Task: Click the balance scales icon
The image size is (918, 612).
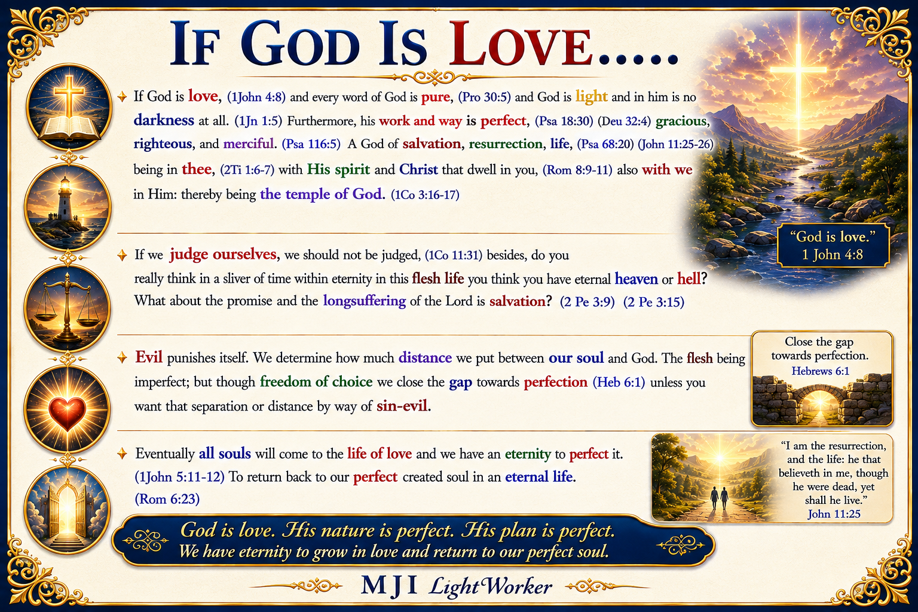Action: [x=67, y=308]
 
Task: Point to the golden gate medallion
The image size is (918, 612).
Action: [x=67, y=510]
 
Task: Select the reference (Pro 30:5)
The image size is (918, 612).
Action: [x=484, y=97]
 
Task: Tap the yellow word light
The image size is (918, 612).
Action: [x=591, y=96]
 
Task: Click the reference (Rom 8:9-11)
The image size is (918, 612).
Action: [x=577, y=170]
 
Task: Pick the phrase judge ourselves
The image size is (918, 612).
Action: [x=223, y=255]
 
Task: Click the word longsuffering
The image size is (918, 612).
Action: [x=365, y=301]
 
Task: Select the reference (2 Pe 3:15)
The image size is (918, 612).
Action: [x=654, y=302]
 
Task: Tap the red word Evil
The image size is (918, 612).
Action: [x=149, y=357]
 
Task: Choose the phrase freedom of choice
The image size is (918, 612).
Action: [x=316, y=382]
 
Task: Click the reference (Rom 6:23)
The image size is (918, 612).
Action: [x=167, y=499]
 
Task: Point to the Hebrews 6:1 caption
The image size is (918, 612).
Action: [x=821, y=371]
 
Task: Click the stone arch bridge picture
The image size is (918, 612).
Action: [x=822, y=400]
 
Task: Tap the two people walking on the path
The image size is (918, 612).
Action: [x=719, y=498]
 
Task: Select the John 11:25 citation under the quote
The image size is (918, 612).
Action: [x=834, y=513]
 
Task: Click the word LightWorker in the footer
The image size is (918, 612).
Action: [x=490, y=586]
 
